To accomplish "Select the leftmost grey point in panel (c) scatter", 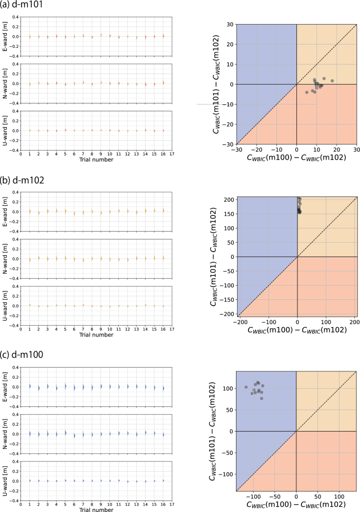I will pos(246,387).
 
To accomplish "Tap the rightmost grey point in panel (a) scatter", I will pos(332,81).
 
